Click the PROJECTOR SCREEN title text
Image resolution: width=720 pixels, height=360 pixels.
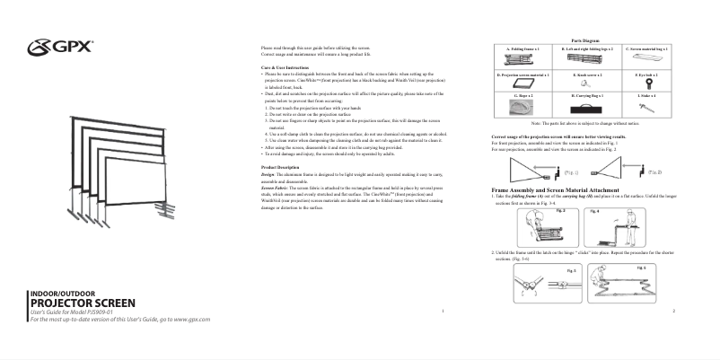click(83, 303)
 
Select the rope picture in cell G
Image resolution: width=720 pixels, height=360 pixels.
click(522, 107)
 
